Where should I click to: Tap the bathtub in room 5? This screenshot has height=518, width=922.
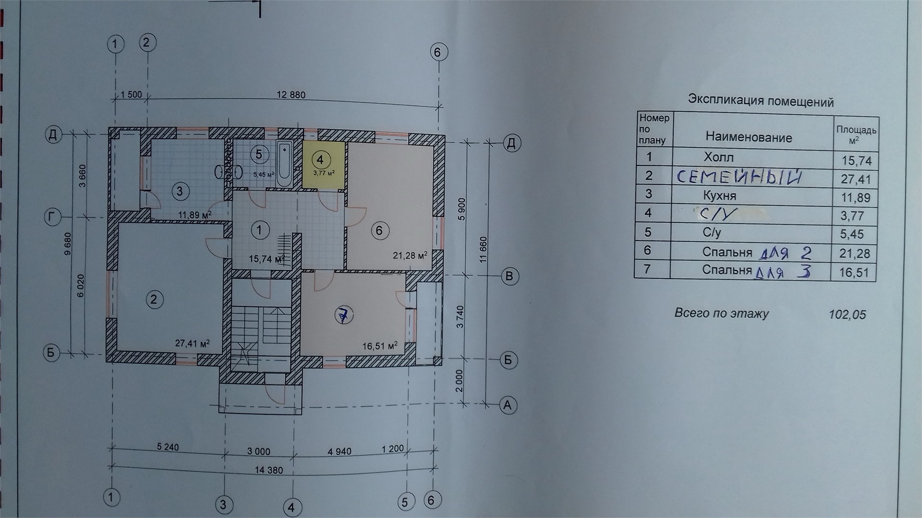284,165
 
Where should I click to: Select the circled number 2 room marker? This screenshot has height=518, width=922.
154,300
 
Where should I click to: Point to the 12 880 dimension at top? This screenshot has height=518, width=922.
291,94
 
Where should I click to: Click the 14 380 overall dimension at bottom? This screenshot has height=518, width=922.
269,470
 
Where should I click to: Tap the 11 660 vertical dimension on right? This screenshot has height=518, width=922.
483,249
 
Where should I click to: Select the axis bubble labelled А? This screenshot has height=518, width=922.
508,405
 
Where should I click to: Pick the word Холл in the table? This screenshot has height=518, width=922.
718,157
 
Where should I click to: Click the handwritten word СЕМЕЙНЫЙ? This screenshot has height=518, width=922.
739,177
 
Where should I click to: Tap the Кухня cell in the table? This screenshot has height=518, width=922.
719,196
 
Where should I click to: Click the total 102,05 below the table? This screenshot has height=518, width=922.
848,315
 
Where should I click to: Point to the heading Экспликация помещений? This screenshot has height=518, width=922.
761,101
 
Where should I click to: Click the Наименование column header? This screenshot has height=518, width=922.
749,138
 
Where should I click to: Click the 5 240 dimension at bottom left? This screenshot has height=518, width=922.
168,447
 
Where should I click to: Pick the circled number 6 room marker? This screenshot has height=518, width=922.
379,231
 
